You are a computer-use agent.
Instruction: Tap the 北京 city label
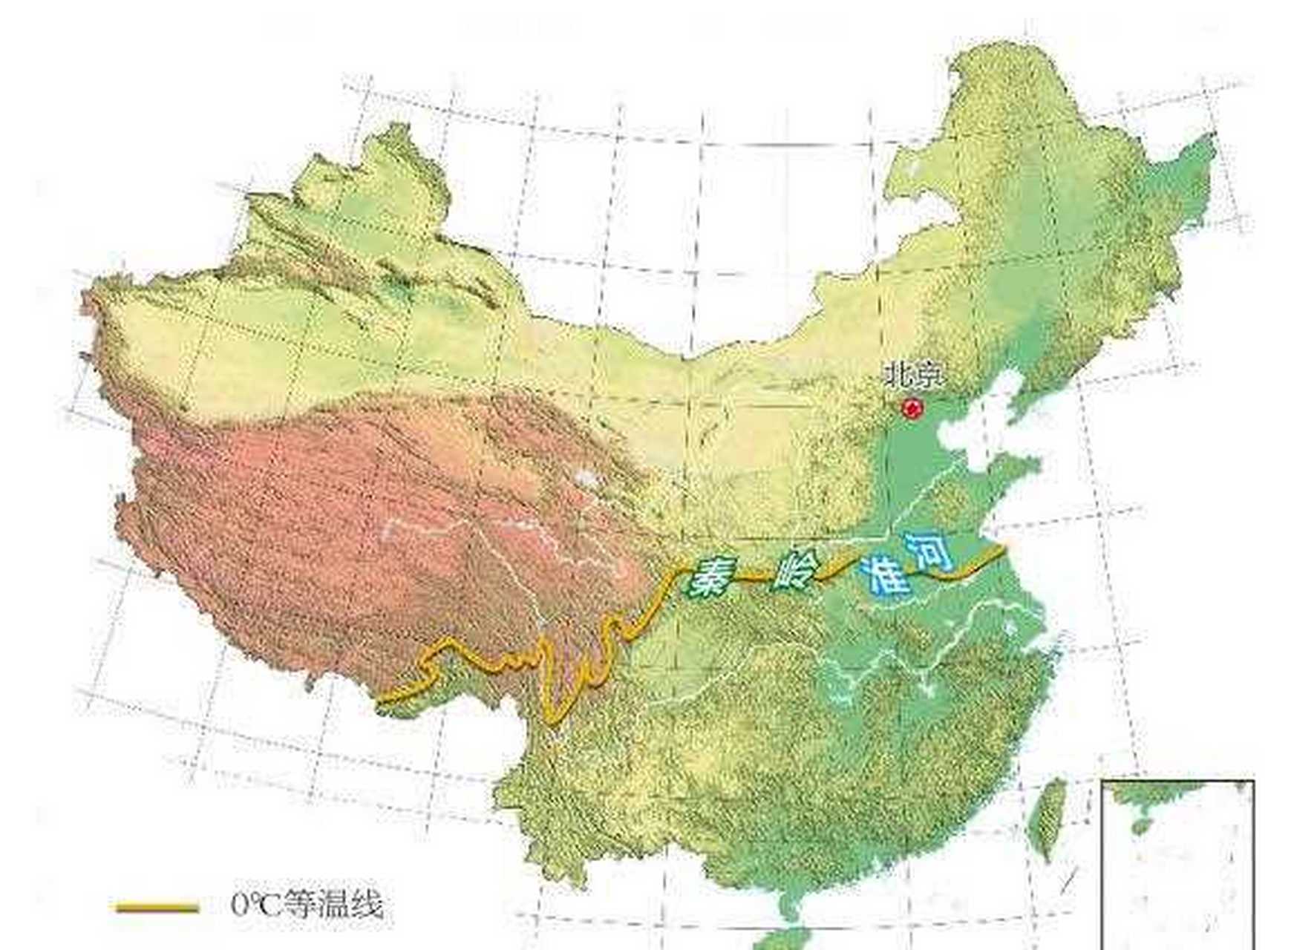914,376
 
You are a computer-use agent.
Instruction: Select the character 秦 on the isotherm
709,580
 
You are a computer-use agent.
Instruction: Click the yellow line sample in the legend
157,907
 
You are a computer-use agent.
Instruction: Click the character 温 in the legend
330,905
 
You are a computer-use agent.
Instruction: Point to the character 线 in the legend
367,905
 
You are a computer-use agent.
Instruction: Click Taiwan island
1048,817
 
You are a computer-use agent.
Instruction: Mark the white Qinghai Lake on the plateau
587,476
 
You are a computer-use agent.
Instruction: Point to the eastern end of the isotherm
1003,548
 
